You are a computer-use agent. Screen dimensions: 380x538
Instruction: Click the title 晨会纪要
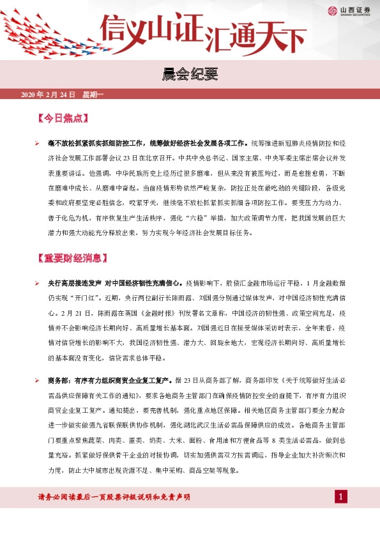[190, 75]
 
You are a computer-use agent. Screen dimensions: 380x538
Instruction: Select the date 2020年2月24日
[49, 95]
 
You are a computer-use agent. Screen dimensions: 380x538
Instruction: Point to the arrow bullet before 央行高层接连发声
[37, 282]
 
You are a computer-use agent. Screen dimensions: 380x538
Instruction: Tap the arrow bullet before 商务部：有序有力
[37, 381]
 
